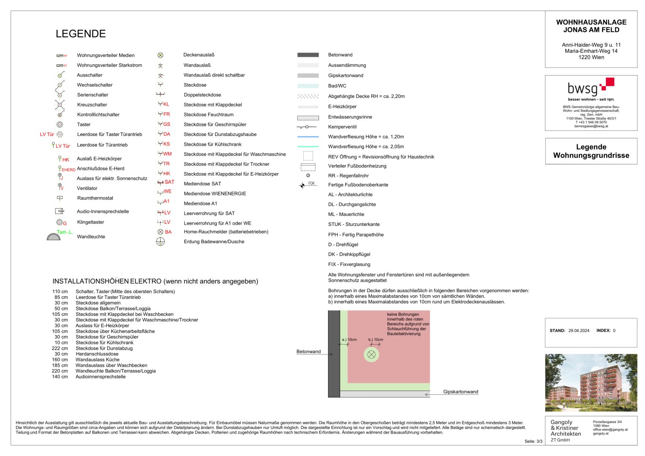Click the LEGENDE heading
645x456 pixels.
(x=81, y=34)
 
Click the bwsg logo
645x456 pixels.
(x=591, y=87)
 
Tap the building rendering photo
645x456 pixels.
(x=591, y=383)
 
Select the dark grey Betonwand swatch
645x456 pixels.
(x=308, y=55)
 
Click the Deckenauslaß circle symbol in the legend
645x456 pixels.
(x=161, y=55)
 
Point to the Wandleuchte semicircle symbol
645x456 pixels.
(x=54, y=237)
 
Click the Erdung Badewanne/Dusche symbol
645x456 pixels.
(x=161, y=242)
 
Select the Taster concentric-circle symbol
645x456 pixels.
(x=60, y=125)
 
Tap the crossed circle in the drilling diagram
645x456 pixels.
(x=371, y=355)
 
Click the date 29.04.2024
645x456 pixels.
(x=579, y=331)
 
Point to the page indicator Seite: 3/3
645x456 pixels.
(x=533, y=441)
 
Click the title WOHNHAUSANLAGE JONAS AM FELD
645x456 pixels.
(x=591, y=26)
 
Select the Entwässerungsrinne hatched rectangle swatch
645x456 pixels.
(x=308, y=117)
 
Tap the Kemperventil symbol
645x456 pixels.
(x=307, y=127)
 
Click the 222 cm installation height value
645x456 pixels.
(x=60, y=348)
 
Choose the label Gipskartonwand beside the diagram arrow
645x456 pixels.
(x=460, y=392)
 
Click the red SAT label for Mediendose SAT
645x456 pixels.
(x=169, y=182)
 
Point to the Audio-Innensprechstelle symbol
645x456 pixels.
(x=60, y=211)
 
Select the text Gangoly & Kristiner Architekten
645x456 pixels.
(x=566, y=428)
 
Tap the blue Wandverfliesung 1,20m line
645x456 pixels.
(x=308, y=137)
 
